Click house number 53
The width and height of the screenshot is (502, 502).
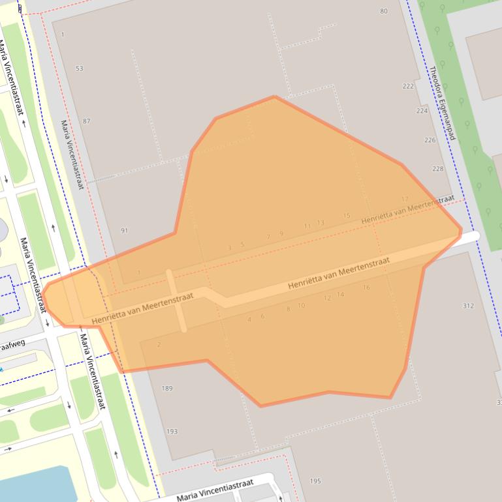point(80,68)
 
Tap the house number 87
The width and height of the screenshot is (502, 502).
point(87,121)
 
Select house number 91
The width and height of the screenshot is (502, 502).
point(125,231)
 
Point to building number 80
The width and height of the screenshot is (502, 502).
point(384,11)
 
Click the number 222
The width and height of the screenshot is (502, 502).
point(409,86)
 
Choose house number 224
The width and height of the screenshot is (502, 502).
point(422,111)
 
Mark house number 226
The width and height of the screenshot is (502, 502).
point(430,140)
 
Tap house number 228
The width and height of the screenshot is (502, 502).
point(437,169)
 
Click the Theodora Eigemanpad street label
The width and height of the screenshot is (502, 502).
point(441,103)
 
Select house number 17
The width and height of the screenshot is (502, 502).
point(405,199)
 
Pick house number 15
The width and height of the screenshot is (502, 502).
point(347,216)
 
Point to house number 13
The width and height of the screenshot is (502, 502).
point(321,223)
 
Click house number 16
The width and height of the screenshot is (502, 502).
point(366,288)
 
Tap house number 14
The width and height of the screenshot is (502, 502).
point(340,295)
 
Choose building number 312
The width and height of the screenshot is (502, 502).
point(468,306)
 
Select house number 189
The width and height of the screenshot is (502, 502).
point(167,389)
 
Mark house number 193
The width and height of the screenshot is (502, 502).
point(172,431)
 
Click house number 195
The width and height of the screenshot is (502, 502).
point(315,481)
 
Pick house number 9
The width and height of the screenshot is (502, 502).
point(281,234)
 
